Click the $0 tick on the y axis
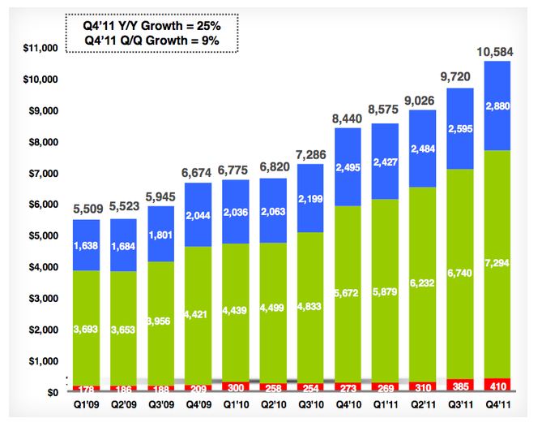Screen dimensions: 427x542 click(x=49, y=393)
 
